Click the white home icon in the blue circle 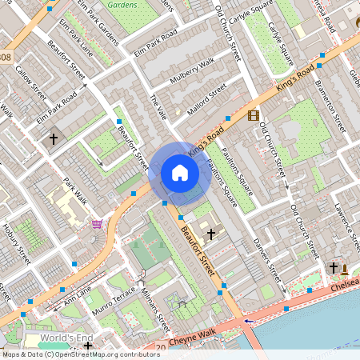pos(180,173)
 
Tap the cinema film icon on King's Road pos(254,116)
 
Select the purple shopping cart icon pos(98,223)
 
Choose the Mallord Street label pos(206,100)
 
